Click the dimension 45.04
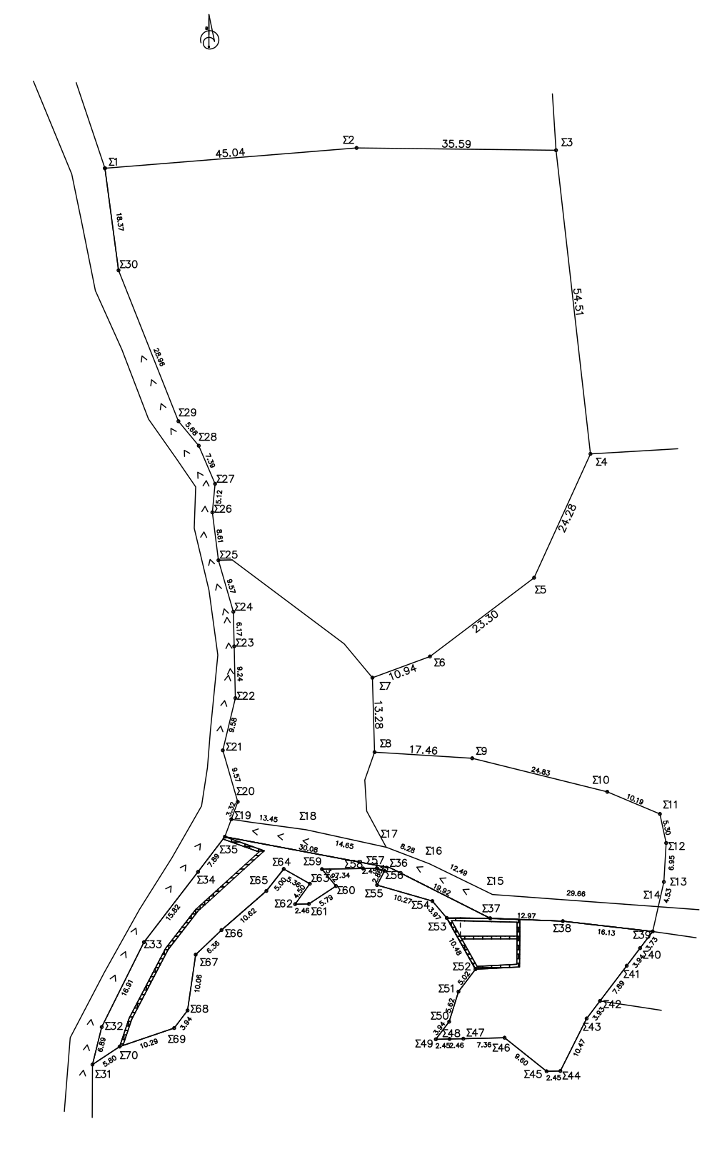(230, 153)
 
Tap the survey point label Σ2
(349, 140)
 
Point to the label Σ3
(567, 143)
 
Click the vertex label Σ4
(601, 462)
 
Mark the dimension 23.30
(486, 622)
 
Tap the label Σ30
(129, 264)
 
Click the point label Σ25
(229, 554)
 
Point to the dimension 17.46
(423, 751)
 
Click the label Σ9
(481, 751)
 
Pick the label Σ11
(671, 805)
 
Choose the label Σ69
(176, 1039)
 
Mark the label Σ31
(103, 1073)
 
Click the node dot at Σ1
(105, 168)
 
